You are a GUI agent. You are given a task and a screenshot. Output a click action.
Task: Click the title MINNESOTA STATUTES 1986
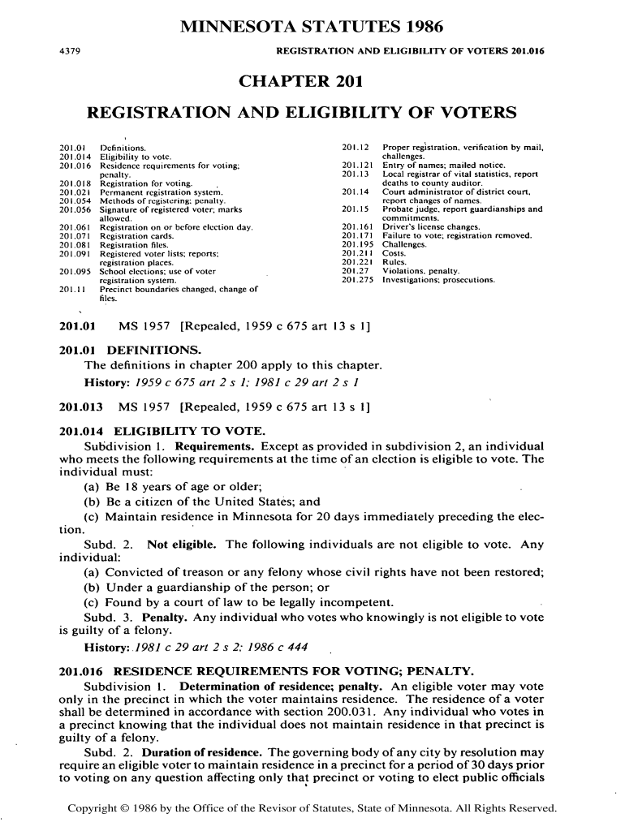[x=312, y=28]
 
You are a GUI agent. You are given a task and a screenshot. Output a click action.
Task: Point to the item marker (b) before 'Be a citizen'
[x=93, y=501]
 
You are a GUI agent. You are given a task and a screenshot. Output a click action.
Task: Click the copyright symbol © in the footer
[x=123, y=809]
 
